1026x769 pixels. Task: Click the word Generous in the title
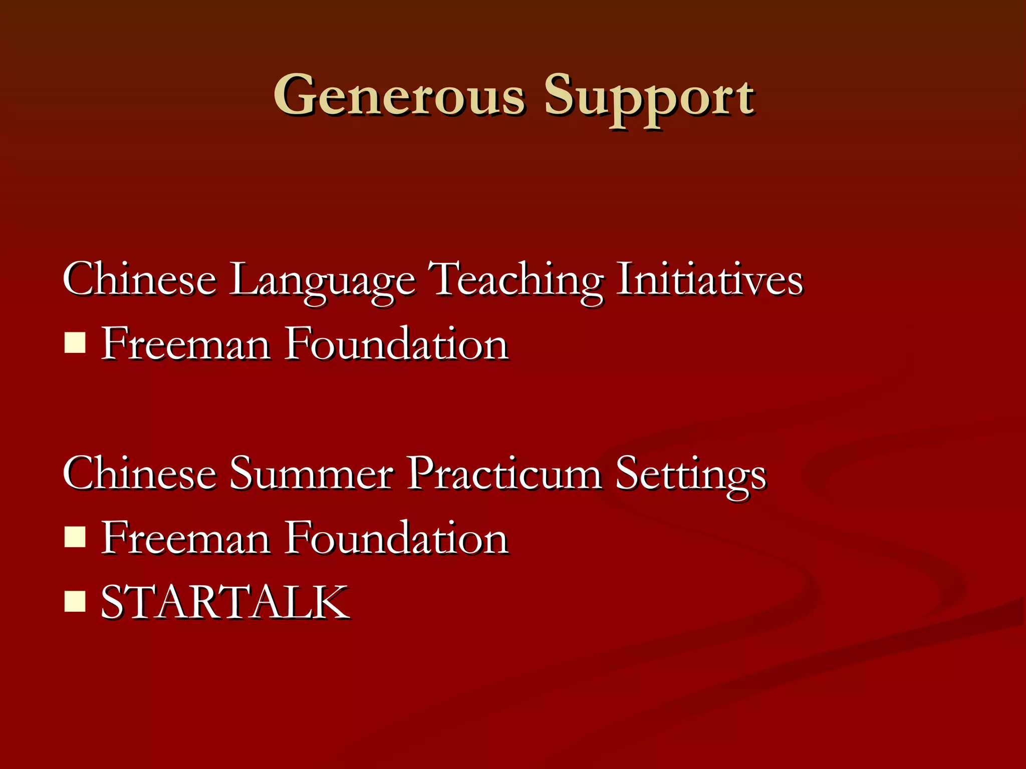399,95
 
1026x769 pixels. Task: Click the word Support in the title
649,98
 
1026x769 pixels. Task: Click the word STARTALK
225,602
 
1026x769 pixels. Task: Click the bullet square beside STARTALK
75,602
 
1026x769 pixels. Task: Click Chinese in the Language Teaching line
139,279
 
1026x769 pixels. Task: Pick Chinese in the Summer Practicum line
139,473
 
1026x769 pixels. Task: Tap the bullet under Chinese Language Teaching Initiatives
75,343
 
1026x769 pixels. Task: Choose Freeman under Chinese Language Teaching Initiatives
186,343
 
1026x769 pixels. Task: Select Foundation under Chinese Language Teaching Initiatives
397,343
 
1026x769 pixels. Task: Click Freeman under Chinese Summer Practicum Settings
186,538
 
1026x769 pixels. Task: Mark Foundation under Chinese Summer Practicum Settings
397,538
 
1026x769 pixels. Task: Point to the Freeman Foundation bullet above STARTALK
75,538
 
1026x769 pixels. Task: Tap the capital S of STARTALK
114,602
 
